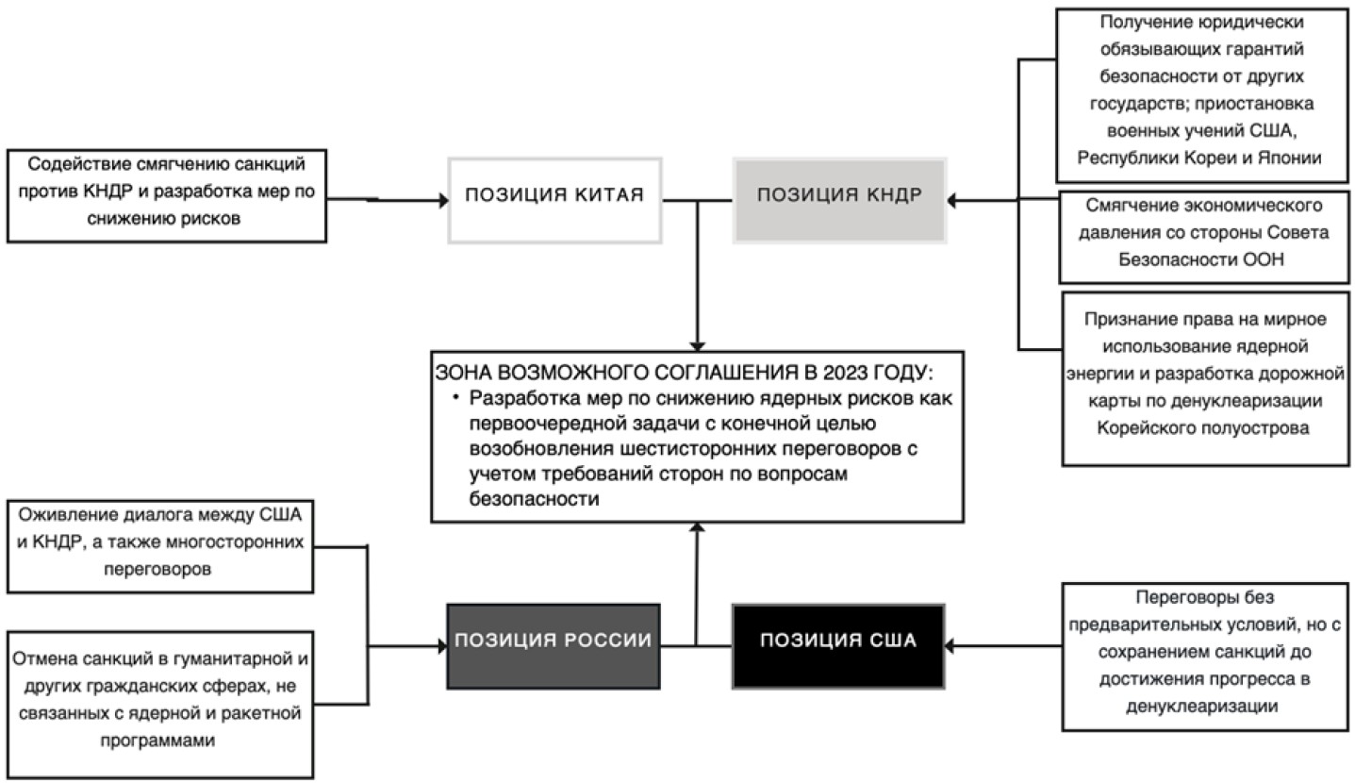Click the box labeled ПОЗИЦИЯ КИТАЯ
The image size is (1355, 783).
(554, 201)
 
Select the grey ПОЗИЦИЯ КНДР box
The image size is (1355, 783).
(839, 201)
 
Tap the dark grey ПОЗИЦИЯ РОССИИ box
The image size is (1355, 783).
(554, 646)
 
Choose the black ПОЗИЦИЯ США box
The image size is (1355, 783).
(838, 646)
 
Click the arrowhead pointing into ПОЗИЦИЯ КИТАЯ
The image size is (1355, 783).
(443, 200)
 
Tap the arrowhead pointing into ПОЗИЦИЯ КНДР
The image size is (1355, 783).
(952, 200)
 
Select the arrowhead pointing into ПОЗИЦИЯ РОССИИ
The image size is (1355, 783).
(442, 646)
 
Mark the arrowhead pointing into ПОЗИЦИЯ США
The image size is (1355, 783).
(950, 646)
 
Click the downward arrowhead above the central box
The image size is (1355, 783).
(698, 346)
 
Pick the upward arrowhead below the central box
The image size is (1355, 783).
(698, 528)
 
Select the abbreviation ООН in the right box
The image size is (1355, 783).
(1262, 259)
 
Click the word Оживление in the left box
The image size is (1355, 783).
(68, 515)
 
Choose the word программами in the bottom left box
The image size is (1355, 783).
(157, 741)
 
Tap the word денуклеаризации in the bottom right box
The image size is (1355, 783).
(1202, 707)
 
